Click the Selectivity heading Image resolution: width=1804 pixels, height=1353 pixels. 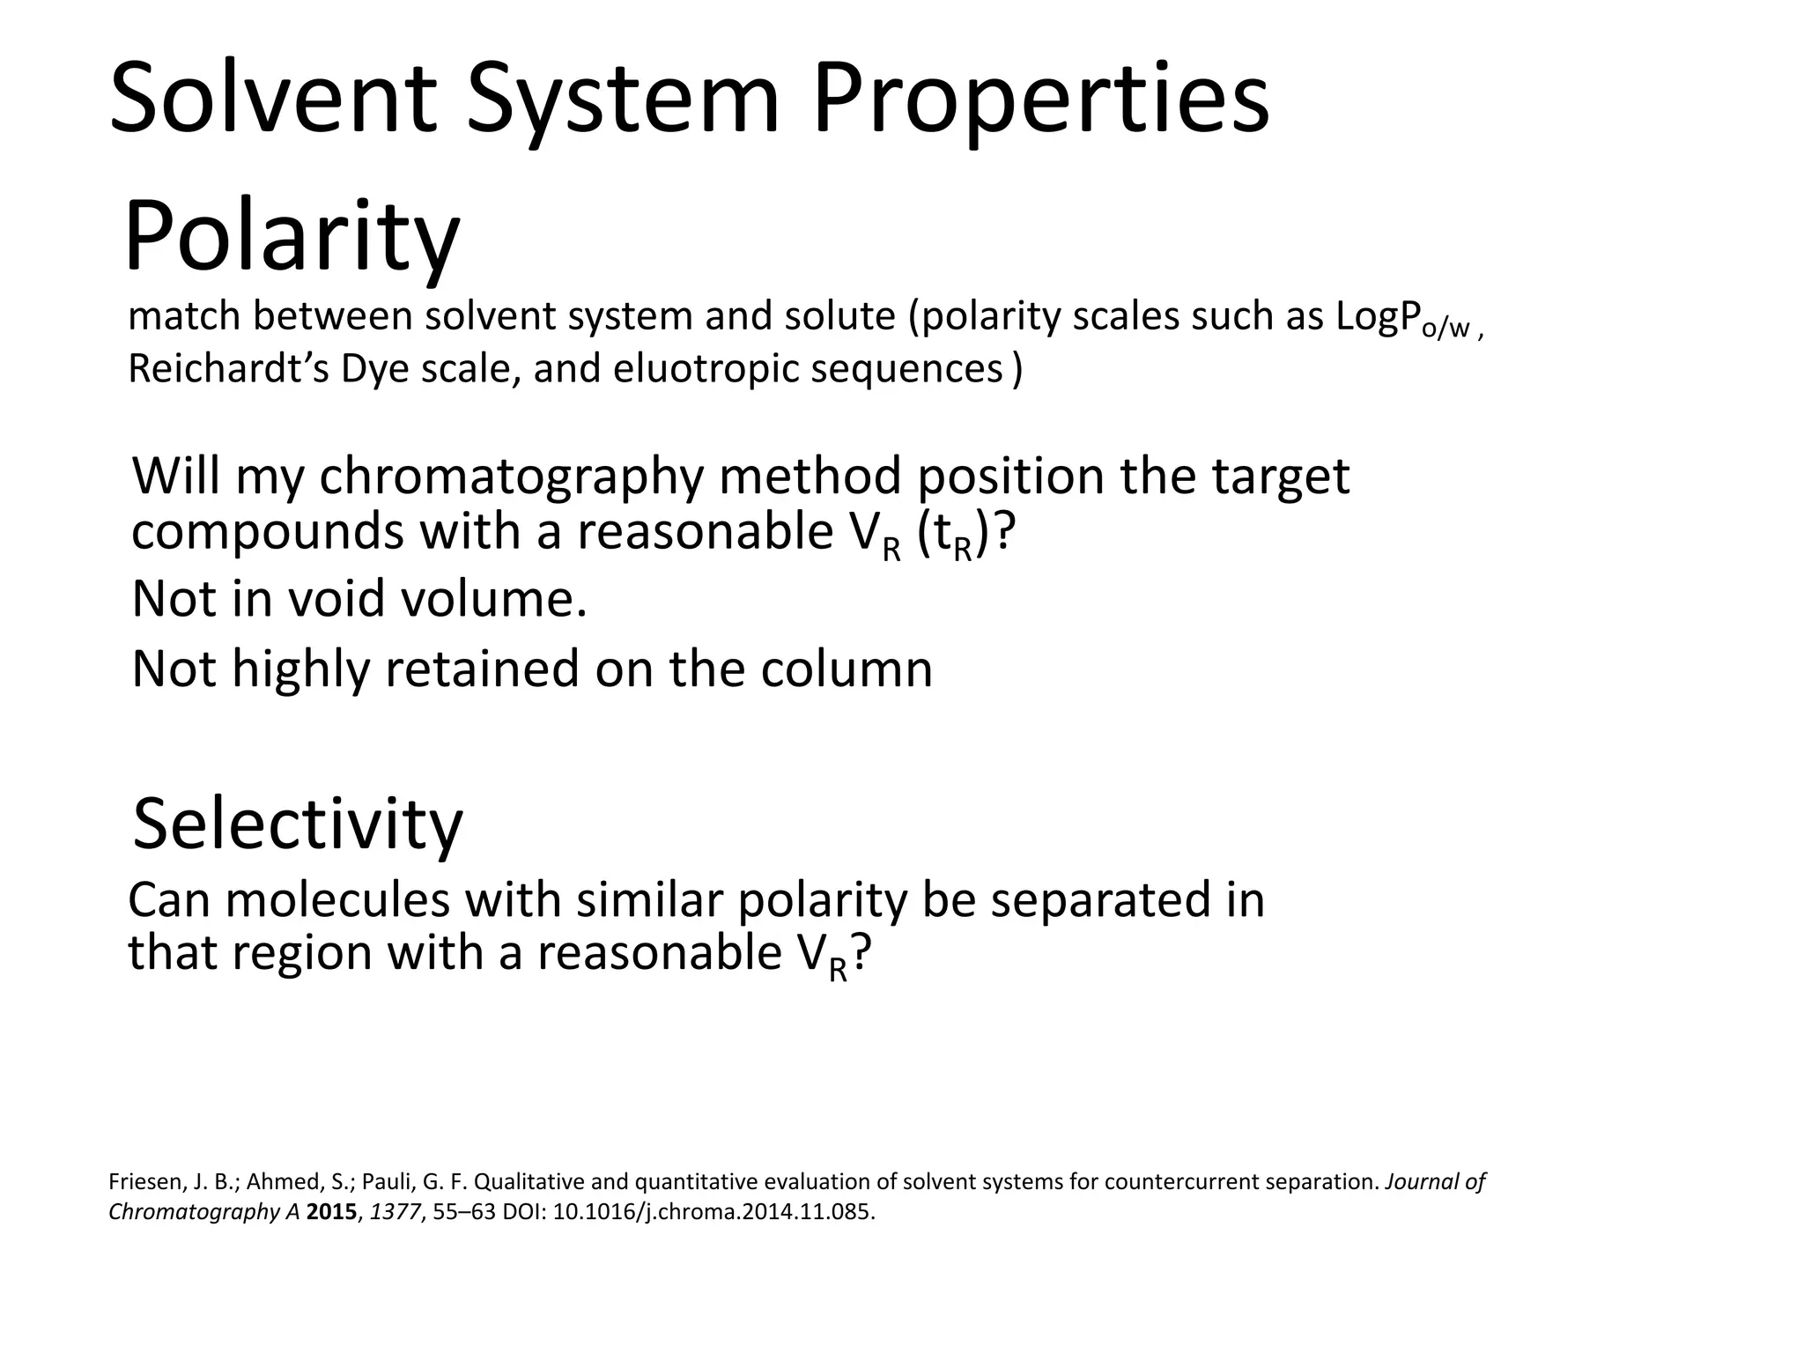pyautogui.click(x=298, y=824)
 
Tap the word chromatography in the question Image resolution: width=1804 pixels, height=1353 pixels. pyautogui.click(x=512, y=478)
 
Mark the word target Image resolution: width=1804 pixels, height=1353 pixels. pyautogui.click(x=1280, y=478)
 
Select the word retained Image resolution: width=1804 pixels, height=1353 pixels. pyautogui.click(x=484, y=669)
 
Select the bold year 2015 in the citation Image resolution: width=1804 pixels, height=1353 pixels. pyautogui.click(x=333, y=1211)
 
